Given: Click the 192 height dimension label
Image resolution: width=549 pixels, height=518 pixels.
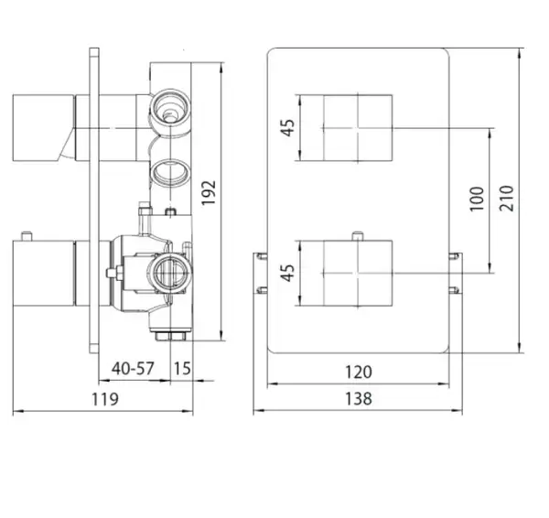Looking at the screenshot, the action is click(x=209, y=193).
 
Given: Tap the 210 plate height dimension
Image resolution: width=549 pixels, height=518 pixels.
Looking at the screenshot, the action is click(x=507, y=199).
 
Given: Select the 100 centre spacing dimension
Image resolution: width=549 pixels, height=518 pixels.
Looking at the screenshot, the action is click(x=477, y=199).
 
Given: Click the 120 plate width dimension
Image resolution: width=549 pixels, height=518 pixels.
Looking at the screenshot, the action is click(x=358, y=372).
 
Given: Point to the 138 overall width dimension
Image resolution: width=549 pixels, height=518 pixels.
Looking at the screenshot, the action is click(x=358, y=399).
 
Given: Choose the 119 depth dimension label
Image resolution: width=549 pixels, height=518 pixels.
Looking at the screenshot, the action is click(x=104, y=399).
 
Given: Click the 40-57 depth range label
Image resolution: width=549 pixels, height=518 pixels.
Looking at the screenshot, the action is click(x=133, y=369).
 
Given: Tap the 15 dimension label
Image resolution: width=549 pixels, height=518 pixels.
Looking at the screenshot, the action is click(x=182, y=369).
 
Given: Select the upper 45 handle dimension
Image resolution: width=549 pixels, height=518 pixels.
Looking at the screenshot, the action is click(x=288, y=128).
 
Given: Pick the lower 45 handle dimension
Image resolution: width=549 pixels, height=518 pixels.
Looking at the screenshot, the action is click(x=287, y=273).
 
